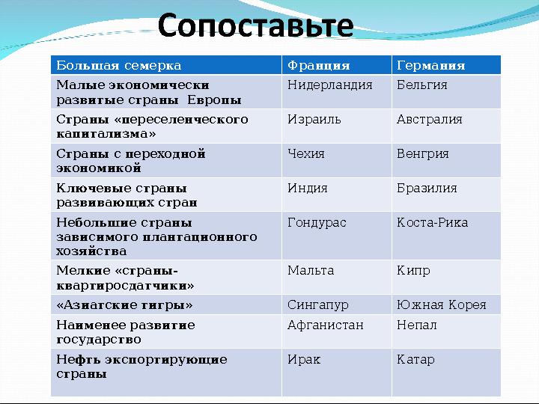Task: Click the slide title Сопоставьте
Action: (x=255, y=25)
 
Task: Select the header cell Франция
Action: (x=337, y=65)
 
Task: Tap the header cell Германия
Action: (x=446, y=65)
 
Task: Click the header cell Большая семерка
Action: (x=166, y=65)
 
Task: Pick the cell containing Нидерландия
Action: (x=337, y=92)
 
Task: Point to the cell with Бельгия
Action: (x=446, y=92)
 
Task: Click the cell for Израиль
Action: (x=337, y=126)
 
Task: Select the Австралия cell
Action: (x=446, y=126)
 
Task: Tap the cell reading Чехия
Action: (x=337, y=160)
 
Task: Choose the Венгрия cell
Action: (x=446, y=160)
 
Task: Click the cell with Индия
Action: (x=337, y=195)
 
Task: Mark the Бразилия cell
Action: (x=446, y=195)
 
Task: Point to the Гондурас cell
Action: (x=337, y=236)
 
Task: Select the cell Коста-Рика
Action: (x=446, y=236)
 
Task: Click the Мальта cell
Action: (x=337, y=278)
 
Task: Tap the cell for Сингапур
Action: (x=337, y=304)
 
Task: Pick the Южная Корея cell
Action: (x=446, y=304)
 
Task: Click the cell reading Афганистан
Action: (x=337, y=331)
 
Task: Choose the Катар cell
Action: (x=446, y=373)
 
